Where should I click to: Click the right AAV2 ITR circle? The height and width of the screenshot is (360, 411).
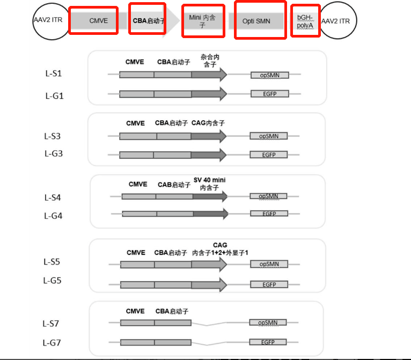point(337,20)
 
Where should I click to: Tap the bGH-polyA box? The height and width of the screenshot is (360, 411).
point(305,21)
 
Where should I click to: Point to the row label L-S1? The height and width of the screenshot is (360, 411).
point(54,74)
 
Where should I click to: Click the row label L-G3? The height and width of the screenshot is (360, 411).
point(54,153)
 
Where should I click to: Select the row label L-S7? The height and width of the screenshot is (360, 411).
point(50,324)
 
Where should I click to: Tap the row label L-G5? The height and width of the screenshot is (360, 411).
point(52,281)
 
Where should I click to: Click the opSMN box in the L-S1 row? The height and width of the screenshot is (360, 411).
point(270,75)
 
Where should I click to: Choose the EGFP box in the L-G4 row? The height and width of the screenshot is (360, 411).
point(269,214)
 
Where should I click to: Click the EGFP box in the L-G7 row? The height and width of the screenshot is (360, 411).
point(268,342)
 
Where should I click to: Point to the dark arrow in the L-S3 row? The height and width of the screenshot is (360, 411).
point(209,136)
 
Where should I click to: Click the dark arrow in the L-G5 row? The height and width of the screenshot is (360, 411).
point(209,285)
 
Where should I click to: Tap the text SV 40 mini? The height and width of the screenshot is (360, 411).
point(209,180)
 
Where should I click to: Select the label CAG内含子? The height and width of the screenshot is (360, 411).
point(208,123)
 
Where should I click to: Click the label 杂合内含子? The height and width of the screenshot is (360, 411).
point(210,61)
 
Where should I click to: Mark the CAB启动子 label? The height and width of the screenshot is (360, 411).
point(174,185)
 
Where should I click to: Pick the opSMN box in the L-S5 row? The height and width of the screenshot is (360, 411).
point(269,264)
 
